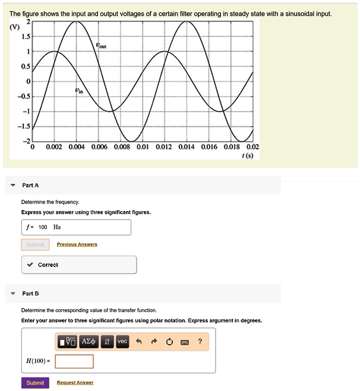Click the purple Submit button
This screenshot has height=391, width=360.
[x=35, y=383]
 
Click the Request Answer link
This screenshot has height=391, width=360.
[x=75, y=383]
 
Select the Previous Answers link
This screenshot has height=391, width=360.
[x=77, y=244]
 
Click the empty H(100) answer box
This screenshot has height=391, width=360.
[x=74, y=361]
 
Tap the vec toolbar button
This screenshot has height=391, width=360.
[x=122, y=342]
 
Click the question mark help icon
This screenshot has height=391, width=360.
[x=200, y=342]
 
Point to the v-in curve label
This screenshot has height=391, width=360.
[x=79, y=91]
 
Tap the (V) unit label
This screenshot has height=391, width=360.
[x=13, y=26]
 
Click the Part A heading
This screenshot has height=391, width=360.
[x=30, y=186]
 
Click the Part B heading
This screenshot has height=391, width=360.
[x=30, y=294]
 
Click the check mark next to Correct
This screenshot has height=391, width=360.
[x=30, y=265]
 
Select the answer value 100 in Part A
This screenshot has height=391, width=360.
[x=43, y=227]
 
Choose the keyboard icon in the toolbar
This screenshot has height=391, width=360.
[x=184, y=342]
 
